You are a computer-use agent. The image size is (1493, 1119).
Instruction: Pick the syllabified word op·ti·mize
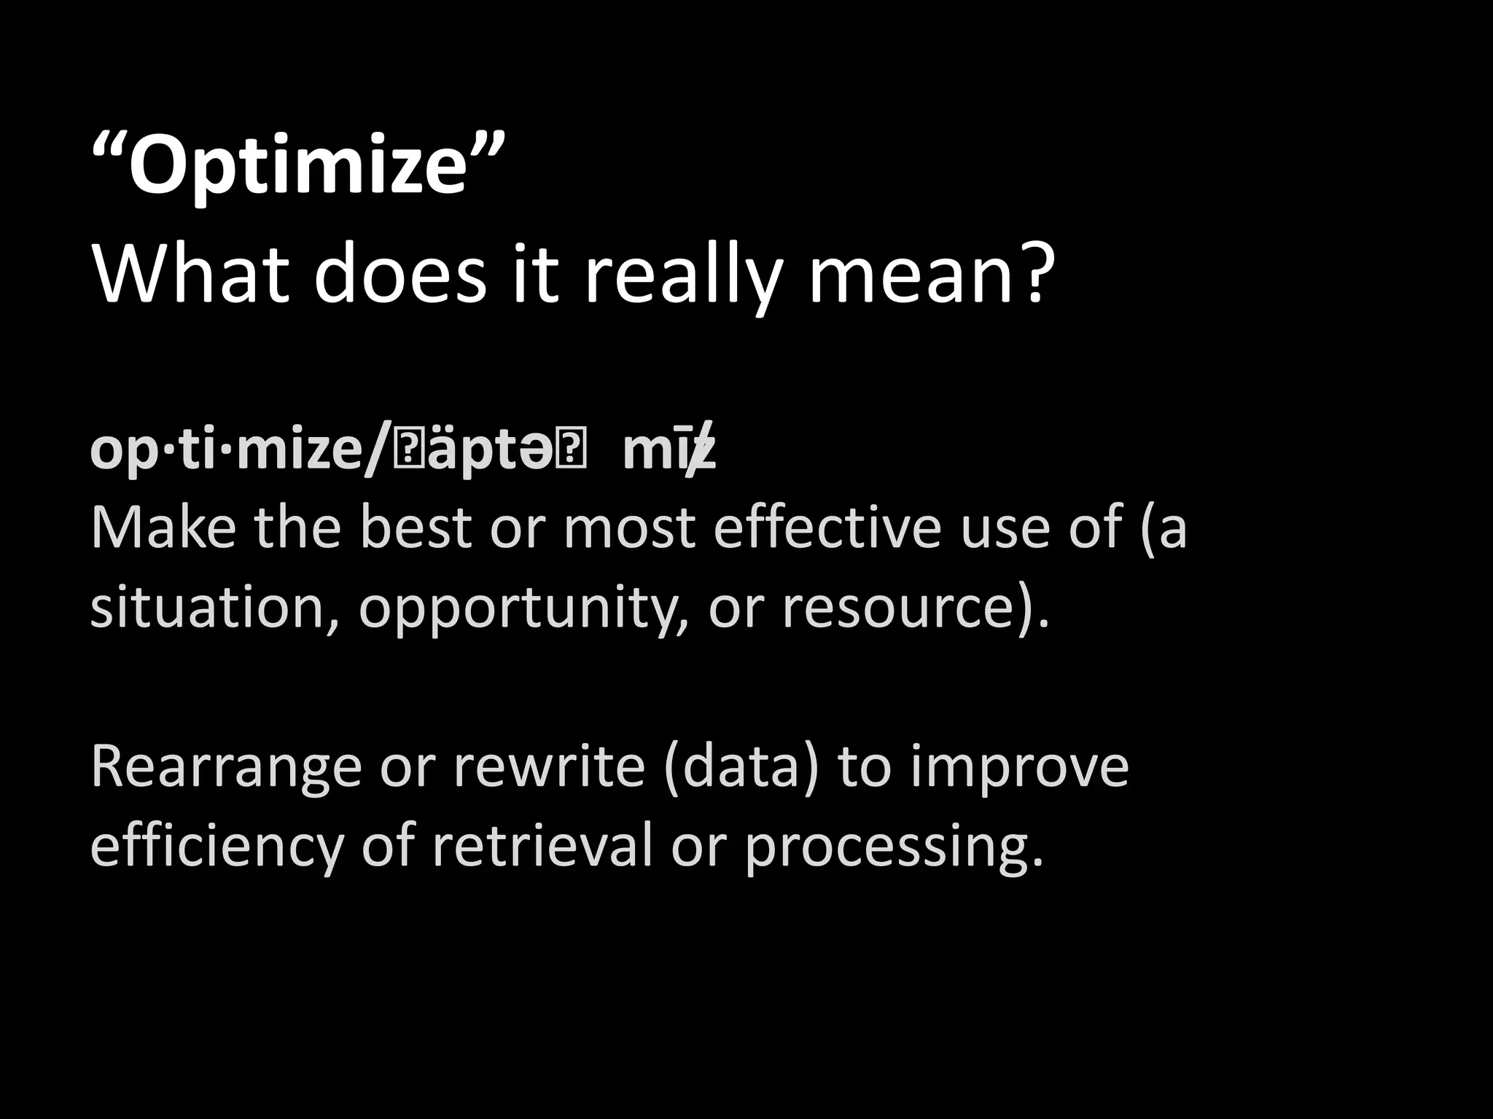232,452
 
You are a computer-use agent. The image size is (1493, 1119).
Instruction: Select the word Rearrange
226,769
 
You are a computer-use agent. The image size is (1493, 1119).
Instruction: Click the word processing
893,849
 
